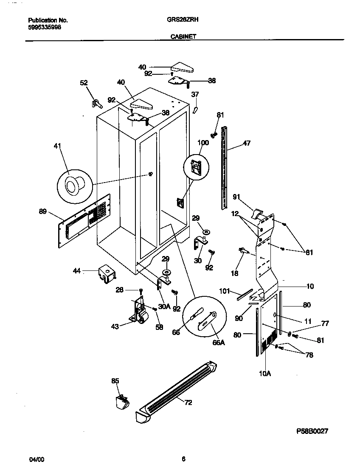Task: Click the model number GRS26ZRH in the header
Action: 183,20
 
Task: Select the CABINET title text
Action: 183,37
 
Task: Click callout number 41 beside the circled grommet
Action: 58,146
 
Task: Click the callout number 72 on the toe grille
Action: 188,402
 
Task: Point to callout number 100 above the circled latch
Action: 203,143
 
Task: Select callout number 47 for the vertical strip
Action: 246,143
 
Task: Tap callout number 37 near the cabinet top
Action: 195,94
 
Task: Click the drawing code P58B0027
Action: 312,431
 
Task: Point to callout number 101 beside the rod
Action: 225,291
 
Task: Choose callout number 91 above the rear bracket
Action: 236,197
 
